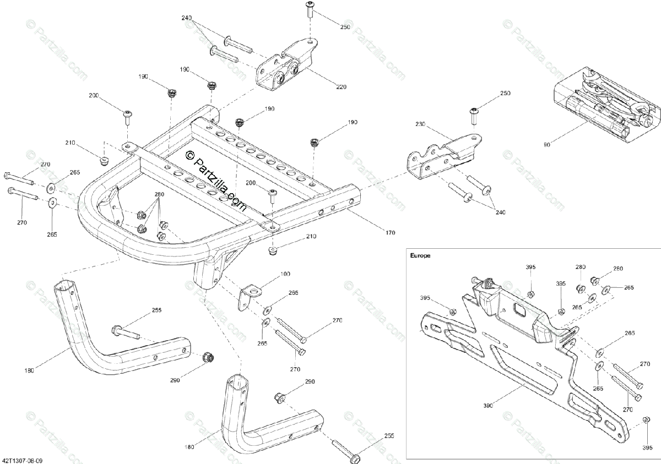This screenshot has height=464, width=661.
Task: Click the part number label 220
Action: click(341, 86)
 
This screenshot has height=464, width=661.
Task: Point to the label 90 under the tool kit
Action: click(547, 145)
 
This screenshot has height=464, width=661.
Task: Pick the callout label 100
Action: click(285, 274)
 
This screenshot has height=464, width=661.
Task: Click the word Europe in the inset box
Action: click(420, 255)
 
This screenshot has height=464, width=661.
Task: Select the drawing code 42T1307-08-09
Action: click(23, 458)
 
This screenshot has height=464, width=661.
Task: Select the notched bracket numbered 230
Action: click(441, 157)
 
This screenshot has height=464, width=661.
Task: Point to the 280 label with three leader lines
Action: click(159, 195)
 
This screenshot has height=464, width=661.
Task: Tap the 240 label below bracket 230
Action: click(500, 212)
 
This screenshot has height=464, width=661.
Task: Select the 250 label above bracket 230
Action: click(505, 94)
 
